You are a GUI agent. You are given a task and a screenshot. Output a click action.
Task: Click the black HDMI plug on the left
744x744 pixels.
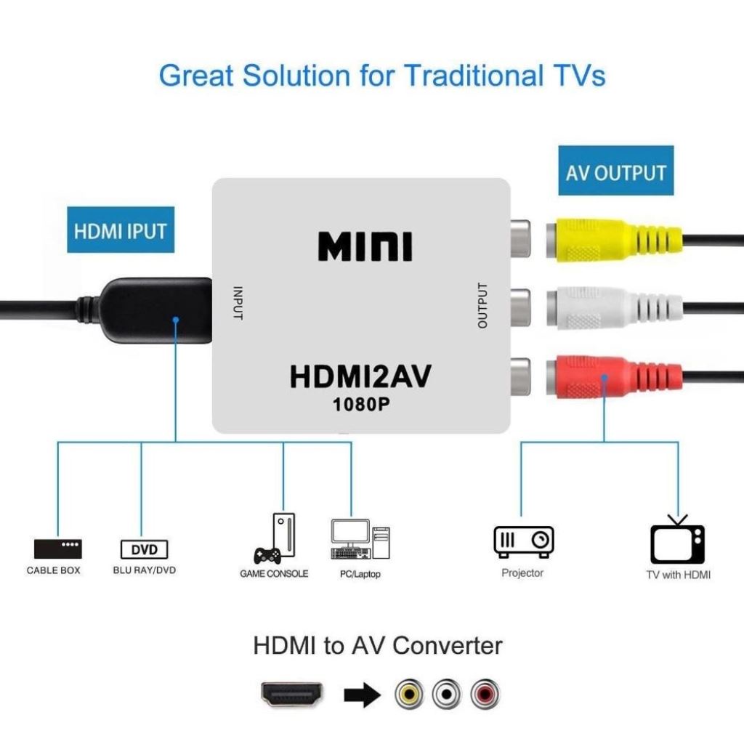pos(153,310)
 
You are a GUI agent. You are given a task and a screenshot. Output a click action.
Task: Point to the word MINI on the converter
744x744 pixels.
pos(365,247)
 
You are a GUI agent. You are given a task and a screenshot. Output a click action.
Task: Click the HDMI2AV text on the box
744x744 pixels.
pos(360,378)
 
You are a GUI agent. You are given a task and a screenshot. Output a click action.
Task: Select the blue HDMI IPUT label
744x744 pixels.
pos(121,231)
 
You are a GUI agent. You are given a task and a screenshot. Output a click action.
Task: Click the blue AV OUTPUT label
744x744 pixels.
pos(615,171)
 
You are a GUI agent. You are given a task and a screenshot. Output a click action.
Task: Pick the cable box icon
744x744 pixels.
pos(58,548)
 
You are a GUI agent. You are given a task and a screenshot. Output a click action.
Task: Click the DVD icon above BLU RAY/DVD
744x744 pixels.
pos(144,548)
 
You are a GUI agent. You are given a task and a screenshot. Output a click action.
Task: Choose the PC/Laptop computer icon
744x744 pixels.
pos(360,540)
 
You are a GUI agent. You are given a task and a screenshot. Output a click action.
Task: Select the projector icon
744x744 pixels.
pos(523,541)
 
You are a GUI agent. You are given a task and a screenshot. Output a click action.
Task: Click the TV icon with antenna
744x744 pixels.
pos(677,541)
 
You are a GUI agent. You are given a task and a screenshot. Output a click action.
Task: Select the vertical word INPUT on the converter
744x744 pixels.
pos(237,303)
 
